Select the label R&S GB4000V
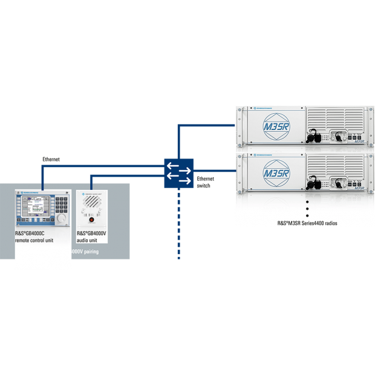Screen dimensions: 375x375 pyautogui.click(x=92, y=233)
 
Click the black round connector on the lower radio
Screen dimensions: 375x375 pyautogui.click(x=314, y=181)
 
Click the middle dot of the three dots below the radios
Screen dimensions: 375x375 pyautogui.click(x=307, y=208)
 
